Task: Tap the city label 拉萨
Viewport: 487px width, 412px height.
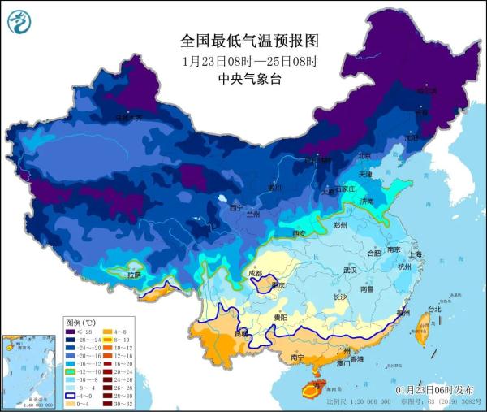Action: [x=131, y=275]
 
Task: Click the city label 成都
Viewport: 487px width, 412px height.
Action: [x=256, y=274]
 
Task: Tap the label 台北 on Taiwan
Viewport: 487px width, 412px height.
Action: [x=434, y=310]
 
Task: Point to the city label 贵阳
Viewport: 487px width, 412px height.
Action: [x=280, y=317]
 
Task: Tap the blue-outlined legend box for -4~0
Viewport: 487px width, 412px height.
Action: [x=71, y=394]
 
